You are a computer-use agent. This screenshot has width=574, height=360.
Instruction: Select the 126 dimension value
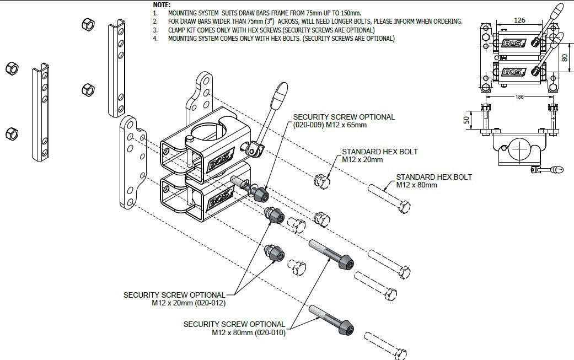click(x=519, y=20)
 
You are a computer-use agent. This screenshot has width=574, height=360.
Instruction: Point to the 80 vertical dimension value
click(x=564, y=57)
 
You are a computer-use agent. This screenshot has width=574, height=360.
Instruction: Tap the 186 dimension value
click(x=519, y=96)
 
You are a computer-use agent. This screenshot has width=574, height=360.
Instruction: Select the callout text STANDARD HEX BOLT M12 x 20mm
click(x=379, y=155)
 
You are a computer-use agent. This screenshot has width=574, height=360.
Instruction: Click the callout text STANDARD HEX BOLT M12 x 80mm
click(x=434, y=181)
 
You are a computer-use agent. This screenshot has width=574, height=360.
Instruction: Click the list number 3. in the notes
click(x=155, y=30)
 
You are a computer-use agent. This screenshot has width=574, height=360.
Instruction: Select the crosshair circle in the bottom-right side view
click(x=519, y=148)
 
